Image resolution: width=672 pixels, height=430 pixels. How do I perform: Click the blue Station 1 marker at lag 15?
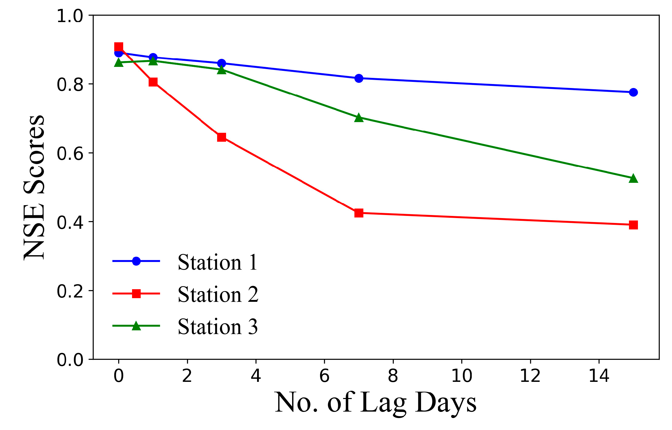pyautogui.click(x=633, y=92)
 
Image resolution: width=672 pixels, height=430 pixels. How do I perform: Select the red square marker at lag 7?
pyautogui.click(x=359, y=213)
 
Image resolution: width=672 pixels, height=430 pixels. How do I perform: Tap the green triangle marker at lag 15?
pyautogui.click(x=633, y=179)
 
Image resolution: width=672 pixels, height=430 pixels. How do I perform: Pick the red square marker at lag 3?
pyautogui.click(x=221, y=137)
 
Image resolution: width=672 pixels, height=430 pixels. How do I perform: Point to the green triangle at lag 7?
pyautogui.click(x=359, y=118)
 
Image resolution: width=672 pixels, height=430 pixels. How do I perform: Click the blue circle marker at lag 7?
pyautogui.click(x=359, y=78)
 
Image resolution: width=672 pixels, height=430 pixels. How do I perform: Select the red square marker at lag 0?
pyautogui.click(x=119, y=47)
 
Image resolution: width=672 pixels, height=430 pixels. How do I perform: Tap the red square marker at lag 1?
pyautogui.click(x=153, y=82)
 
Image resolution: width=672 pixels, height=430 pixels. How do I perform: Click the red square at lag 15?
pyautogui.click(x=633, y=225)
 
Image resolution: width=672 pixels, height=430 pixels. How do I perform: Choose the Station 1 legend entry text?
pyautogui.click(x=217, y=263)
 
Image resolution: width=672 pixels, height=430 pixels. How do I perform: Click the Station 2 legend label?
pyautogui.click(x=217, y=294)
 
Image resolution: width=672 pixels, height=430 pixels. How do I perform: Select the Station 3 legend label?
pyautogui.click(x=217, y=327)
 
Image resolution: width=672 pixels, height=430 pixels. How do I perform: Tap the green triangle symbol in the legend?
pyautogui.click(x=136, y=326)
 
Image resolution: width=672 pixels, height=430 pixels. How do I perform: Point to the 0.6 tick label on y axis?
pyautogui.click(x=70, y=153)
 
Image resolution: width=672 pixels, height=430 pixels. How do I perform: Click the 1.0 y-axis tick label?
pyautogui.click(x=70, y=16)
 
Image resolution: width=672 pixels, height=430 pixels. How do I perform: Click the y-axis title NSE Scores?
pyautogui.click(x=34, y=187)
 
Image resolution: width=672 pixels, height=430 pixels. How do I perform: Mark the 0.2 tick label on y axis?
pyautogui.click(x=70, y=291)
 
